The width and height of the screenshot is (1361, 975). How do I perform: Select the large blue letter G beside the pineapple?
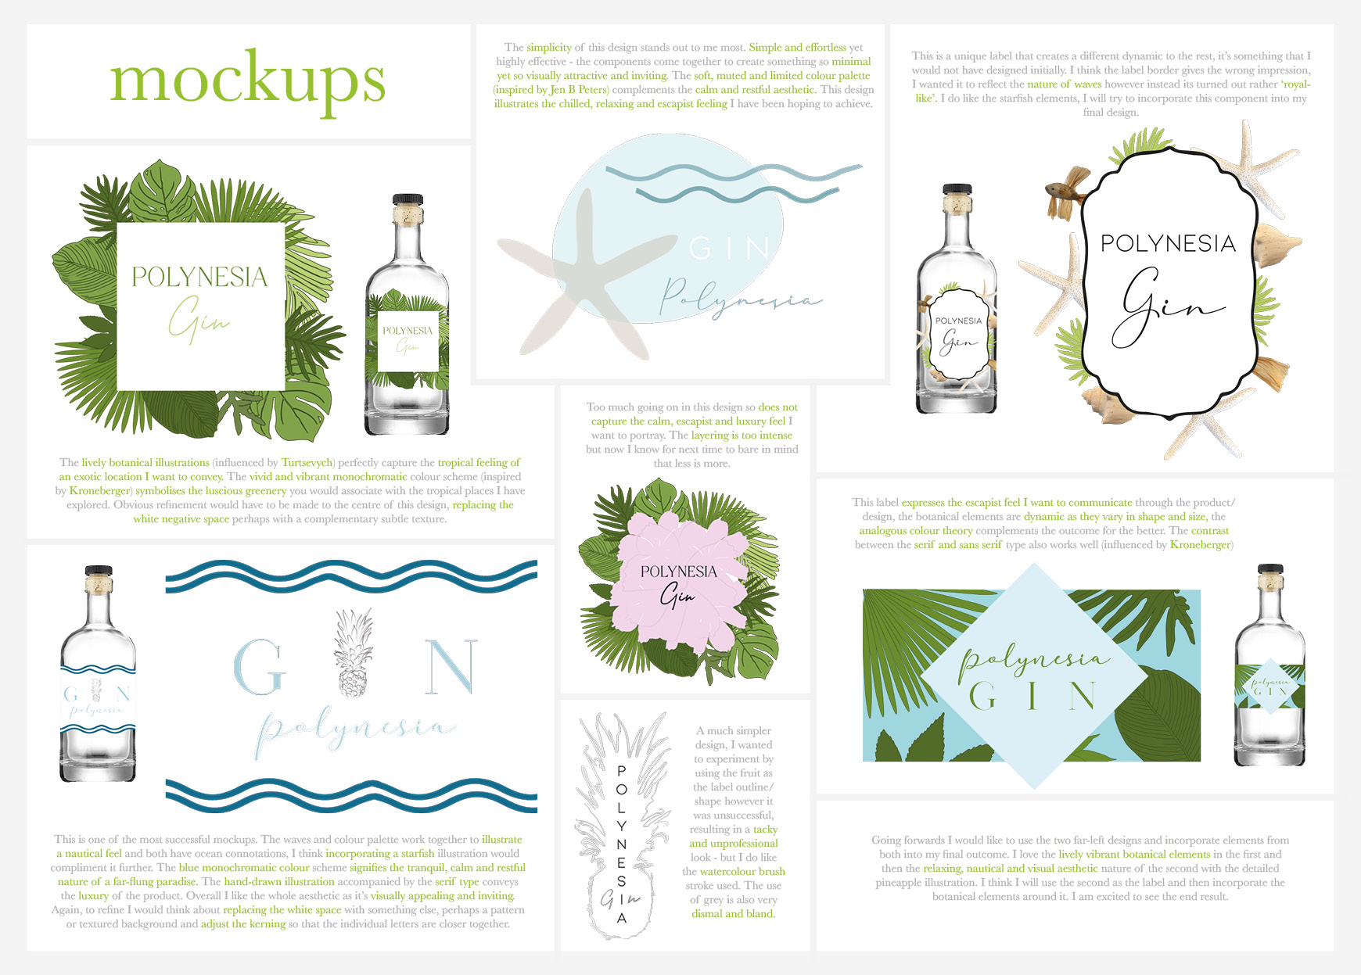click(258, 666)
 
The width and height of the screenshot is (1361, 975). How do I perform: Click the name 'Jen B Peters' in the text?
click(579, 90)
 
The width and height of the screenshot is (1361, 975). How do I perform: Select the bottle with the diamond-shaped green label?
click(1269, 665)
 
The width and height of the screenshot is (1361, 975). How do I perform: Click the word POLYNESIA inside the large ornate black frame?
click(1168, 244)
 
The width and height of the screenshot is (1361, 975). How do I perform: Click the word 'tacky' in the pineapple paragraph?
click(765, 830)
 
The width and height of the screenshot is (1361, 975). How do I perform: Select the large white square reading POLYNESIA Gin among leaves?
click(200, 306)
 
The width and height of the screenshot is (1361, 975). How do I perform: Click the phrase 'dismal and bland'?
click(733, 914)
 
